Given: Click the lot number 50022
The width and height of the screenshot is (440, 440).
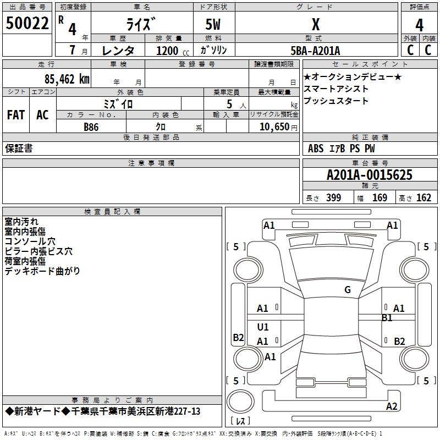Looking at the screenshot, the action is [x=27, y=24].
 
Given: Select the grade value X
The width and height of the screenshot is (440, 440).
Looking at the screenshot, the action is [x=315, y=24].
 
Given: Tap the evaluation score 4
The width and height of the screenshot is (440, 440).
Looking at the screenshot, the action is [x=419, y=25].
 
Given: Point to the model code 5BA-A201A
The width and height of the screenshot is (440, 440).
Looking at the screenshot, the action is [x=315, y=51].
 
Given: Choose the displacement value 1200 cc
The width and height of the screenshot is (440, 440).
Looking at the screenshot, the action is [x=170, y=51].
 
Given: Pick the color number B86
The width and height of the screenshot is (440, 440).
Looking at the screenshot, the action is [x=91, y=127].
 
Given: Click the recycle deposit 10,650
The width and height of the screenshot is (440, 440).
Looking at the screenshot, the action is [x=273, y=127].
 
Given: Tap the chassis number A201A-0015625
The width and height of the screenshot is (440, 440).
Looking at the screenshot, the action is [x=369, y=175].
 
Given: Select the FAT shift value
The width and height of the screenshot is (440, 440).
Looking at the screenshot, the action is [x=16, y=115].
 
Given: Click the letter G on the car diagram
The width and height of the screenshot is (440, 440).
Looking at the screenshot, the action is [x=347, y=289].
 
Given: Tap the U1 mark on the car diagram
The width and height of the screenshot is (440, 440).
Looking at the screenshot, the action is [x=263, y=327].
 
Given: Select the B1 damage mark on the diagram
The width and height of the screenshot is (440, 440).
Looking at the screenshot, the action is [x=387, y=317].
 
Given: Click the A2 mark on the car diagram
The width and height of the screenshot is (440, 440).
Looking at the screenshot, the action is [x=392, y=406].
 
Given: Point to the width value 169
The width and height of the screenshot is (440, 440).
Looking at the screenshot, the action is [x=380, y=198].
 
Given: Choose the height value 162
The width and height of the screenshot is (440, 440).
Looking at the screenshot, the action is [x=424, y=198].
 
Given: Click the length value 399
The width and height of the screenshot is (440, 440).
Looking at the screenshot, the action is [x=333, y=198].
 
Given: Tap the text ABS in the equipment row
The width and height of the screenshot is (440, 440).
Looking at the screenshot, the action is [x=316, y=148].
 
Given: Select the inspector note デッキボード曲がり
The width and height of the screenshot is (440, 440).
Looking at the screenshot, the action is [x=42, y=271].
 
